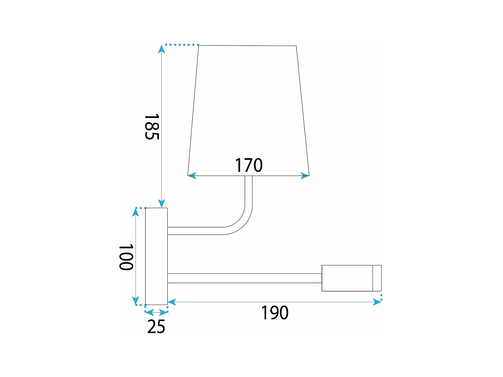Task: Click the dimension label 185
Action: coord(151,127)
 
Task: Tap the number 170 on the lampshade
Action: coord(248,165)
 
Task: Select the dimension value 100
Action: coord(126,257)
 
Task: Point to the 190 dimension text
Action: coord(275,313)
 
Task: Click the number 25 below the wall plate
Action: coord(156,326)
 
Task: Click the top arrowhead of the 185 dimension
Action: coord(162,49)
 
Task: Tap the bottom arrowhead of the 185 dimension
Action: coord(162,203)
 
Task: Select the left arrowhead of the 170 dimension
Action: coord(192,175)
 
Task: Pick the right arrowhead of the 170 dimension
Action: coord(305,175)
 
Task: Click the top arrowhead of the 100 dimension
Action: coord(135,212)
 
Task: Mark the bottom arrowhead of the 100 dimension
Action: coord(135,301)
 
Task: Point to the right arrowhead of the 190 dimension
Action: coord(377,302)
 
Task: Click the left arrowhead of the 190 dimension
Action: coord(172,302)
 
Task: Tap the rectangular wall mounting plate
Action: coord(156,256)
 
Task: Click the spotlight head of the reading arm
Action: coord(347,278)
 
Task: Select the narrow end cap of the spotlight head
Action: coord(377,278)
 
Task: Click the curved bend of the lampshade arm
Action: coord(241,221)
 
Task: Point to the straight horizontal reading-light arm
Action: coord(245,278)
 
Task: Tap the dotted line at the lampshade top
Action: coord(181,45)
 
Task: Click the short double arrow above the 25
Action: coord(156,313)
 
